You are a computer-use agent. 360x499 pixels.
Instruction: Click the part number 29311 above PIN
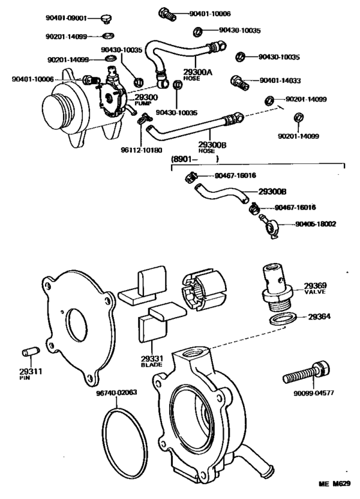click(28, 372)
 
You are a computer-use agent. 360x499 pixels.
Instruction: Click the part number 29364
click(320, 316)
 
